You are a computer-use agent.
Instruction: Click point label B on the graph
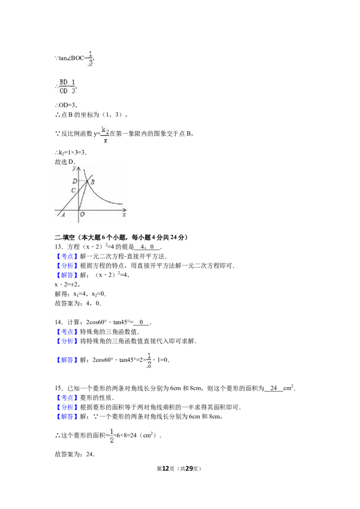pos(93,182)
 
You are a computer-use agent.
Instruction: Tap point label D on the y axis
pos(75,181)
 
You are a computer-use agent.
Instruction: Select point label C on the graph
pos(73,190)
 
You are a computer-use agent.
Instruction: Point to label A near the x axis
pos(63,214)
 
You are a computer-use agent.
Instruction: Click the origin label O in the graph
pos(82,214)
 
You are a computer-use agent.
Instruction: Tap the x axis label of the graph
pos(124,215)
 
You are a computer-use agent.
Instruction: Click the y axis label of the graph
pos(74,168)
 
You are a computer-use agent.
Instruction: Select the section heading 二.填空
pos(65,237)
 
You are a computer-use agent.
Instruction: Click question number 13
pos(59,247)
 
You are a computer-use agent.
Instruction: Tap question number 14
pos(59,322)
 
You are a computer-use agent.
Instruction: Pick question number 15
pos(59,388)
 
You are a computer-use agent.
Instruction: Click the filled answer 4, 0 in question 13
pos(147,247)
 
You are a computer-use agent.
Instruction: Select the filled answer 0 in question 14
pos(141,322)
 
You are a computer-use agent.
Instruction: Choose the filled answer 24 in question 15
pos(274,388)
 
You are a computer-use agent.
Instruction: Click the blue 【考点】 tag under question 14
pos(67,332)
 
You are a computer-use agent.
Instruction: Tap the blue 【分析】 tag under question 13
pos(67,266)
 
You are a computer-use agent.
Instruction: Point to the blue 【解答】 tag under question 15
pos(67,416)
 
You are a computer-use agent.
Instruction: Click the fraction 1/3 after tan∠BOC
pos(90,58)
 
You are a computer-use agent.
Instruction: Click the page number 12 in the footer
pos(166,469)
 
